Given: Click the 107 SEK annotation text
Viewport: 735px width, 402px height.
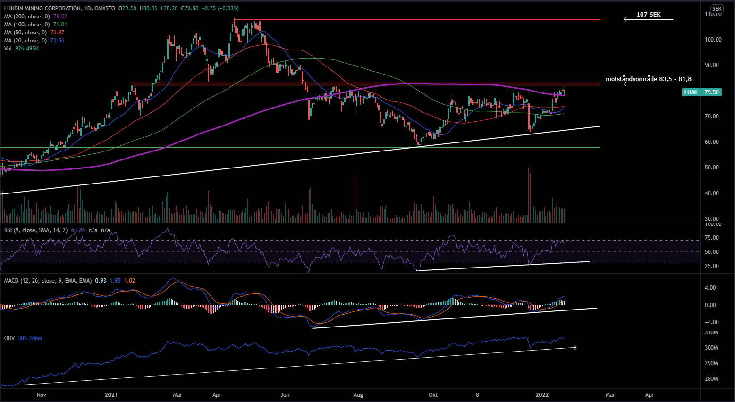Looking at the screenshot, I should pyautogui.click(x=648, y=15).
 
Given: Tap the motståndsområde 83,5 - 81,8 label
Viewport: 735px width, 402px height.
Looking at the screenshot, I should pyautogui.click(x=648, y=79).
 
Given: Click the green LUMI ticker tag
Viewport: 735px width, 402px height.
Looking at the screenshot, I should pyautogui.click(x=691, y=92).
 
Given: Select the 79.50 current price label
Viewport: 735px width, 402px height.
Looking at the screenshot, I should pyautogui.click(x=711, y=92).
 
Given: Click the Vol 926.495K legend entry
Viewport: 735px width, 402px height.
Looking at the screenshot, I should pyautogui.click(x=21, y=49).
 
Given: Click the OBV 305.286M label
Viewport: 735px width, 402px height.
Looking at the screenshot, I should pyautogui.click(x=23, y=338).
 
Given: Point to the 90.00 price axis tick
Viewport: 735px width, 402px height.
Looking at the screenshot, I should pyautogui.click(x=713, y=65).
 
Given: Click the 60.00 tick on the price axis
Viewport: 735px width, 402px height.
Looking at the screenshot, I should pyautogui.click(x=713, y=142).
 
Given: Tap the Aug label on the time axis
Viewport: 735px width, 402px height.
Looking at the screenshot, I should pyautogui.click(x=358, y=395).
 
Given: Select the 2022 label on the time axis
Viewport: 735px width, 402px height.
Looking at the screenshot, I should pyautogui.click(x=542, y=395).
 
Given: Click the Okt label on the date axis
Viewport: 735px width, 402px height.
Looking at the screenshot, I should pyautogui.click(x=433, y=395).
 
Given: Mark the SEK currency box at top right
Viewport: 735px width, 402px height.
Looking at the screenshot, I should pyautogui.click(x=717, y=8).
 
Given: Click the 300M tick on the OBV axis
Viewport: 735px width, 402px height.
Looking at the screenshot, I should pyautogui.click(x=711, y=348).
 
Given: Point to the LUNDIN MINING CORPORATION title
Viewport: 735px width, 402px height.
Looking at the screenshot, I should pyautogui.click(x=42, y=8).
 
